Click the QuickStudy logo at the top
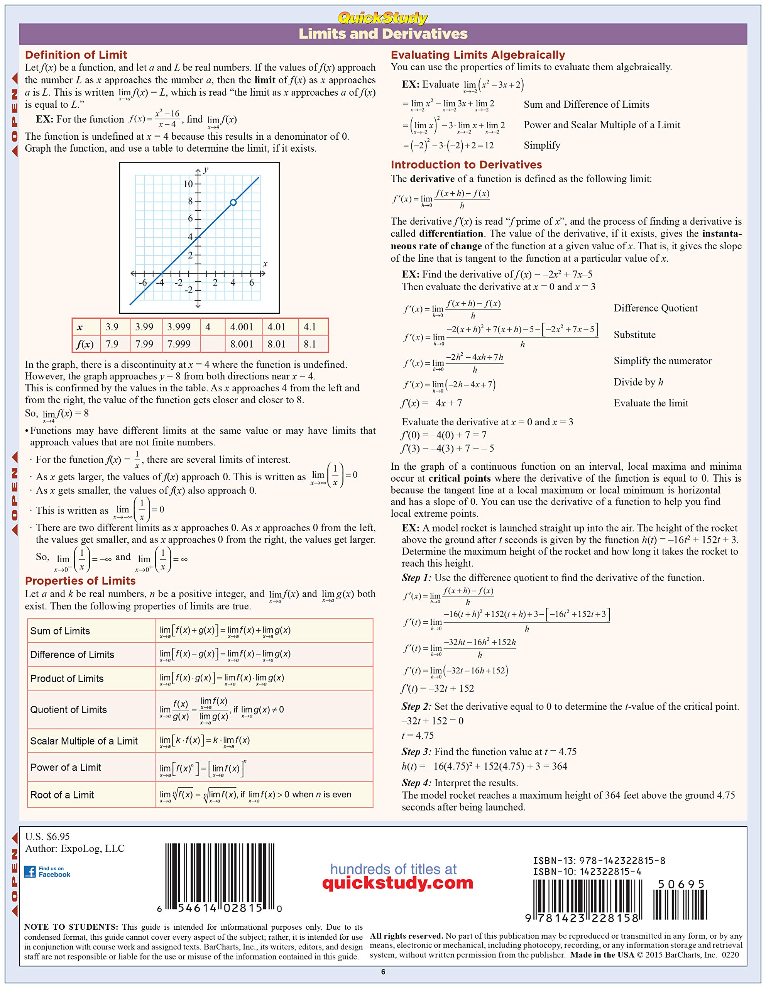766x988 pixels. pos(382,18)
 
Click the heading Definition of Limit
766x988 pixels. pos(76,55)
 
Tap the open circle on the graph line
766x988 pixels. pos(233,202)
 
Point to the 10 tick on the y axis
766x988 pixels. pos(188,184)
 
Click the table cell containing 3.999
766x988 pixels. pos(179,327)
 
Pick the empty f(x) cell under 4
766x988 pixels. pos(212,344)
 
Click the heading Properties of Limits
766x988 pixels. pos(80,581)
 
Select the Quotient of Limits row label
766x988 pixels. pos(68,710)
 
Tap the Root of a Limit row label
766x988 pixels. pos(62,795)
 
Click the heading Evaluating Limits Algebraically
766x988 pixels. pos(478,55)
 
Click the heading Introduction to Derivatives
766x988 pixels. pos(466,165)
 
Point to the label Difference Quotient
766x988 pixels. pos(655,308)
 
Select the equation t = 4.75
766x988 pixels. pos(418,736)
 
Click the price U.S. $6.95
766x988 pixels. pos(47,836)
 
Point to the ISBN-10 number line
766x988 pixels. pos(587,872)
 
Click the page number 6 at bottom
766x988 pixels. pos(383,972)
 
